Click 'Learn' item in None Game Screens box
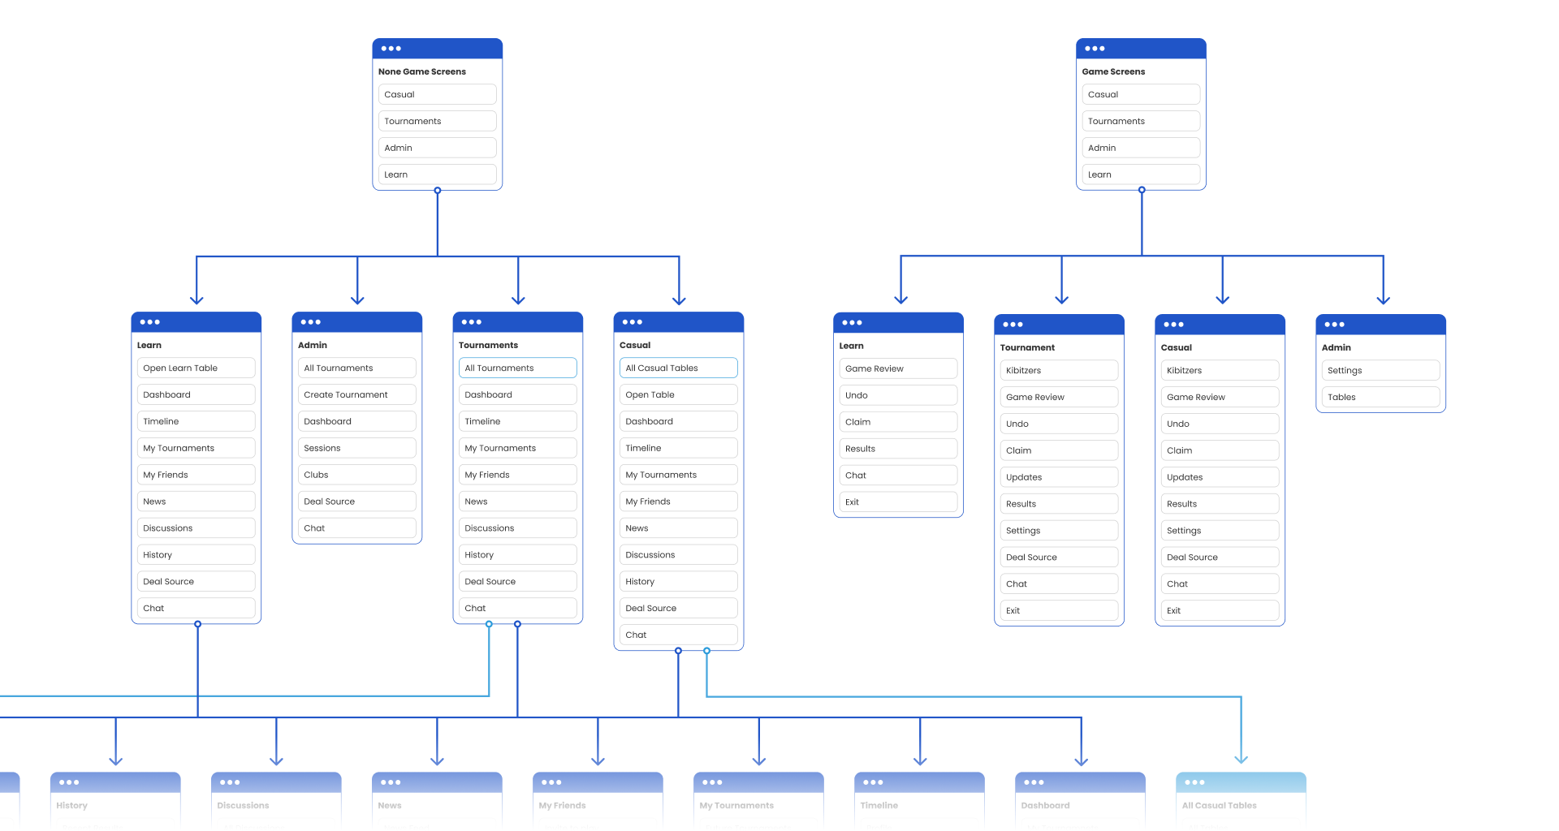(437, 174)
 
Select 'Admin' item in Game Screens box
(1140, 148)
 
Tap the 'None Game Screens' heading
(422, 71)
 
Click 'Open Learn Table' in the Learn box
(196, 368)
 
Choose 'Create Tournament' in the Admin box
(356, 394)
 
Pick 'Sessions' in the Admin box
(356, 448)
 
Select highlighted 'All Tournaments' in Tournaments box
(517, 368)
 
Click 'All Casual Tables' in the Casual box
(678, 368)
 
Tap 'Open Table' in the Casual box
(678, 394)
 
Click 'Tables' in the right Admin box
(1380, 397)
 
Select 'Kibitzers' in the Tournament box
(1058, 370)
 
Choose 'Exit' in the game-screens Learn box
(897, 502)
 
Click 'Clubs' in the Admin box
(356, 475)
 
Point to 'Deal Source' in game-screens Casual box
(1219, 557)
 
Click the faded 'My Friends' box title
(563, 805)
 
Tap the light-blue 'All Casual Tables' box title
(1219, 805)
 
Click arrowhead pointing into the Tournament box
(1061, 299)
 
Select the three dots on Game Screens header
(1095, 49)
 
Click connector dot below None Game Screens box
(437, 191)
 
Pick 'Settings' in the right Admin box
(1380, 370)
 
